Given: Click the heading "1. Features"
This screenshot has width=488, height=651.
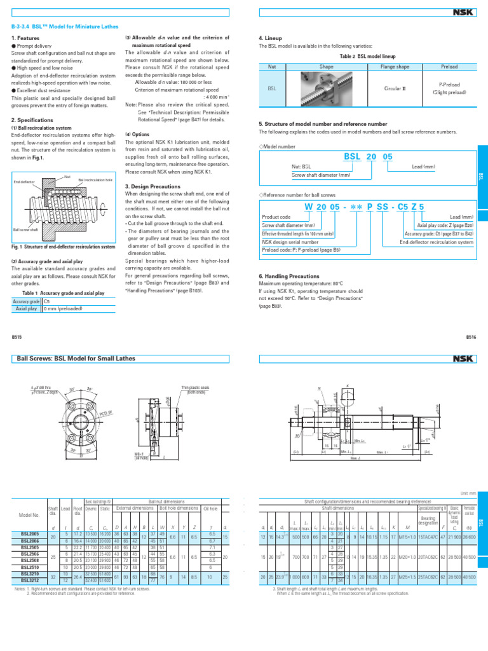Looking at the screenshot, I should (x=25, y=39).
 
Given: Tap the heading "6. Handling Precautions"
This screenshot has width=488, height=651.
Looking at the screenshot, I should (x=289, y=276).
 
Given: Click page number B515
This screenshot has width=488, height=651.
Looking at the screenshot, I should (x=18, y=337).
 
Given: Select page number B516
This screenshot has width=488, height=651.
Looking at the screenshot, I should (x=471, y=337).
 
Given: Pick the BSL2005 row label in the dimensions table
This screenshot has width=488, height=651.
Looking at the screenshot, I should (x=30, y=535).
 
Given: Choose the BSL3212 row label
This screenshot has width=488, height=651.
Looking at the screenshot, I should (x=30, y=580).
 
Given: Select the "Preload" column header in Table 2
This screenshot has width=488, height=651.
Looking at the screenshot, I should (x=449, y=66).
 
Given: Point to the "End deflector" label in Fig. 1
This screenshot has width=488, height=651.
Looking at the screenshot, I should (x=24, y=182).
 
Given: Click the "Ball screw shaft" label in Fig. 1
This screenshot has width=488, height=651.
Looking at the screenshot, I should (x=25, y=230).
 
